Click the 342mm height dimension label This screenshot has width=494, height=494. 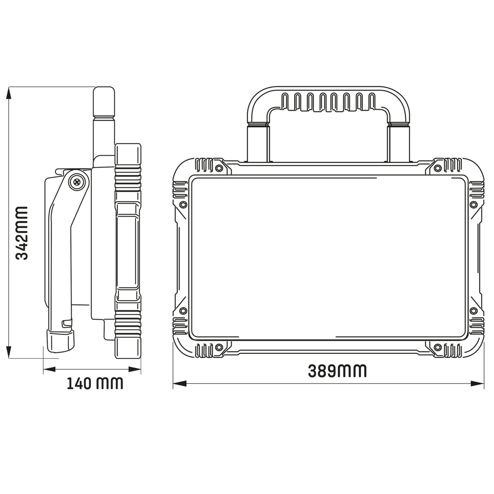tap(23, 233)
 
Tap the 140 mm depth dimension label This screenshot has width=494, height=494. tap(95, 384)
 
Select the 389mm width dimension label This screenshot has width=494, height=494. tap(337, 371)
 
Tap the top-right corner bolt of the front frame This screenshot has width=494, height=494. tap(437, 168)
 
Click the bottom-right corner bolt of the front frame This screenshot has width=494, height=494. tap(437, 348)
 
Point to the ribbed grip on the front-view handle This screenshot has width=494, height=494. tap(328, 102)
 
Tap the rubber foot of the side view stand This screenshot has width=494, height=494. tap(60, 341)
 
